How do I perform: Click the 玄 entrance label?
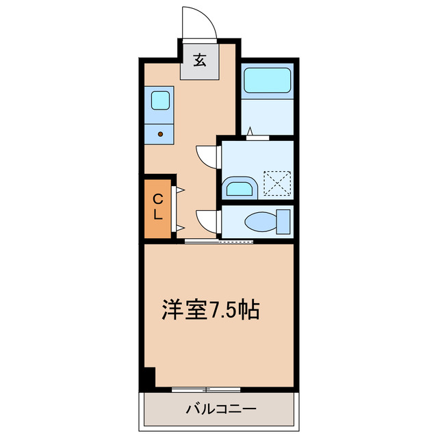click(x=199, y=61)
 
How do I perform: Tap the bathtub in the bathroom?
click(x=268, y=81)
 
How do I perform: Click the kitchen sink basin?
click(x=161, y=100)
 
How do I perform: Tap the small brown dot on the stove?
click(x=161, y=134)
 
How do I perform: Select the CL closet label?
click(x=157, y=206)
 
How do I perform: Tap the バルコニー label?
click(x=221, y=410)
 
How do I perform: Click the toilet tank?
click(x=284, y=222)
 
